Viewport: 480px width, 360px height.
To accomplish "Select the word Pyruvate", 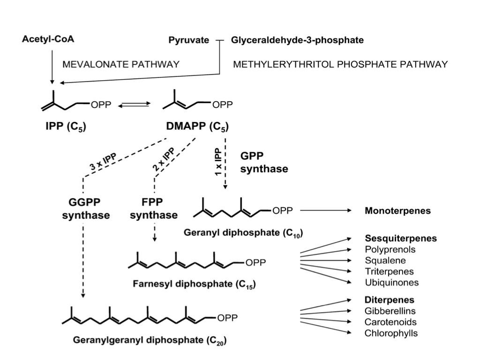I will point(188,40).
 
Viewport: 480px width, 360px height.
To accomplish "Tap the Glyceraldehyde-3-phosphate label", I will point(297,40).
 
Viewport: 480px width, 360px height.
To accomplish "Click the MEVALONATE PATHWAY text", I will point(121,64).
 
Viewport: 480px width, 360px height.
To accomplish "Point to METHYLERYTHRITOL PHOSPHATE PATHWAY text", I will point(340,64).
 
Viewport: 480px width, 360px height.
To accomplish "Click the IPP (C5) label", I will point(67,127).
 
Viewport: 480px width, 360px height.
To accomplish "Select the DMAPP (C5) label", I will point(197,127).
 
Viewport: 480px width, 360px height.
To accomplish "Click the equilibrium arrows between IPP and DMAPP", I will point(133,106).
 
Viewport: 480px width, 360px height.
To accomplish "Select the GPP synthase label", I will point(263,162).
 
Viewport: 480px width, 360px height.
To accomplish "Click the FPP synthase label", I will point(154,210).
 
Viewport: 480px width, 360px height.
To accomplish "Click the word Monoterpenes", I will point(397,211).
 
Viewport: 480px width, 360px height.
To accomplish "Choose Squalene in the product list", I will point(385,261).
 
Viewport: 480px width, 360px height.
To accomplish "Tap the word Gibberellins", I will point(390,311).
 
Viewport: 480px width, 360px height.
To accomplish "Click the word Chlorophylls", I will point(391,333).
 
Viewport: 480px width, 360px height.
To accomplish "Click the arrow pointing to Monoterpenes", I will point(325,211).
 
